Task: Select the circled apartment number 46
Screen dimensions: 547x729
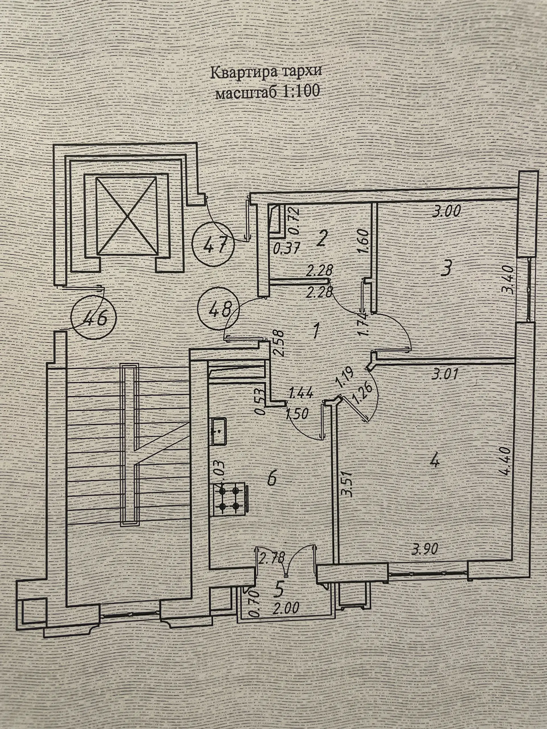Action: coord(94,318)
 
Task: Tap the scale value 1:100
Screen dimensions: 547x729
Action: coord(300,91)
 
